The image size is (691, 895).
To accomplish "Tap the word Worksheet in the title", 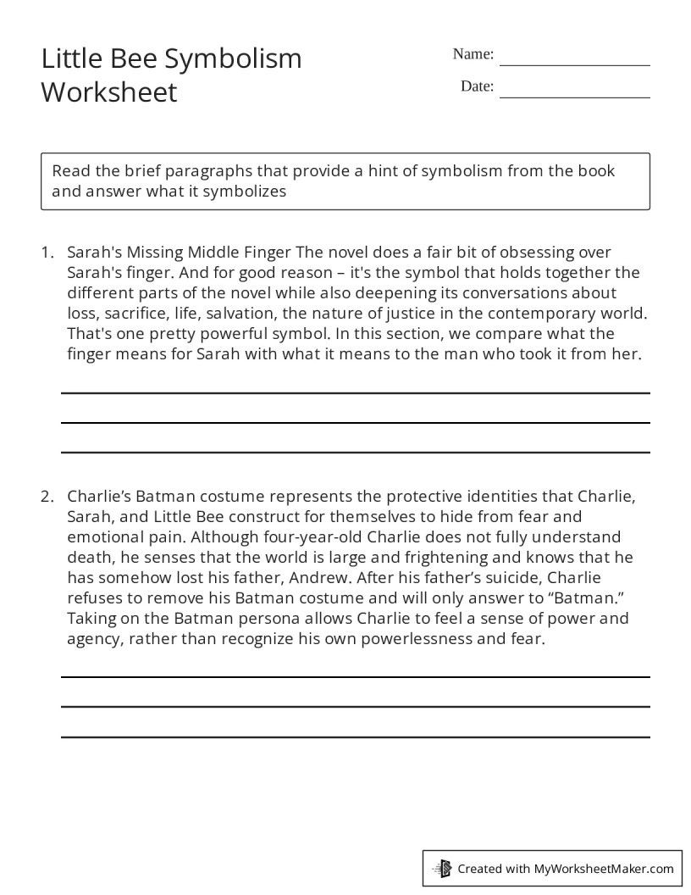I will click(109, 92).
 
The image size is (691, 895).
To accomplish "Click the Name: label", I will click(473, 54).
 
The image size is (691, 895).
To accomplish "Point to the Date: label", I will click(477, 86).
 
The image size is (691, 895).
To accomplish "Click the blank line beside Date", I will click(575, 97).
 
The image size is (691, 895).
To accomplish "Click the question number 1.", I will click(47, 253).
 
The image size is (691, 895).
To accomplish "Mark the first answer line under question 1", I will click(355, 393).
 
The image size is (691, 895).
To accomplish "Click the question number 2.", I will click(47, 496).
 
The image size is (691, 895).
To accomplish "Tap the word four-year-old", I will click(327, 536).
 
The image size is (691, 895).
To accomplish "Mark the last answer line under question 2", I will click(355, 737).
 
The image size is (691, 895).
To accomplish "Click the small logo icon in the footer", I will click(441, 868).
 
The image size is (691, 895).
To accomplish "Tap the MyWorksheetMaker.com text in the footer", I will click(604, 868).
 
